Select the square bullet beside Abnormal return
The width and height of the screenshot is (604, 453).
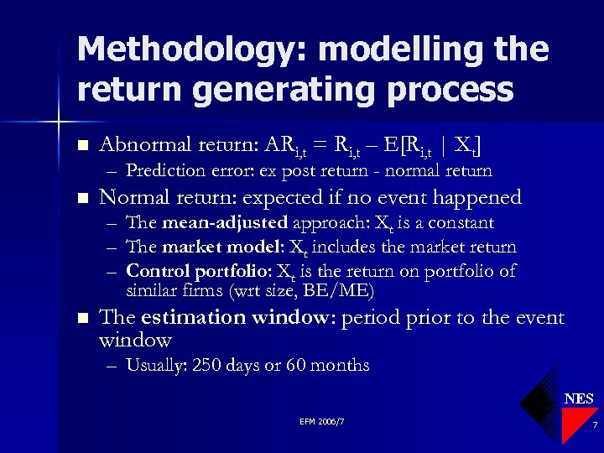[x=81, y=145]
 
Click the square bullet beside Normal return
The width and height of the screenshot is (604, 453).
[x=81, y=199]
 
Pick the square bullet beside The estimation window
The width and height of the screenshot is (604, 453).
[x=81, y=319]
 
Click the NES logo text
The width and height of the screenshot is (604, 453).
[x=578, y=398]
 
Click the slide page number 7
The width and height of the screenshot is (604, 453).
[x=594, y=426]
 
